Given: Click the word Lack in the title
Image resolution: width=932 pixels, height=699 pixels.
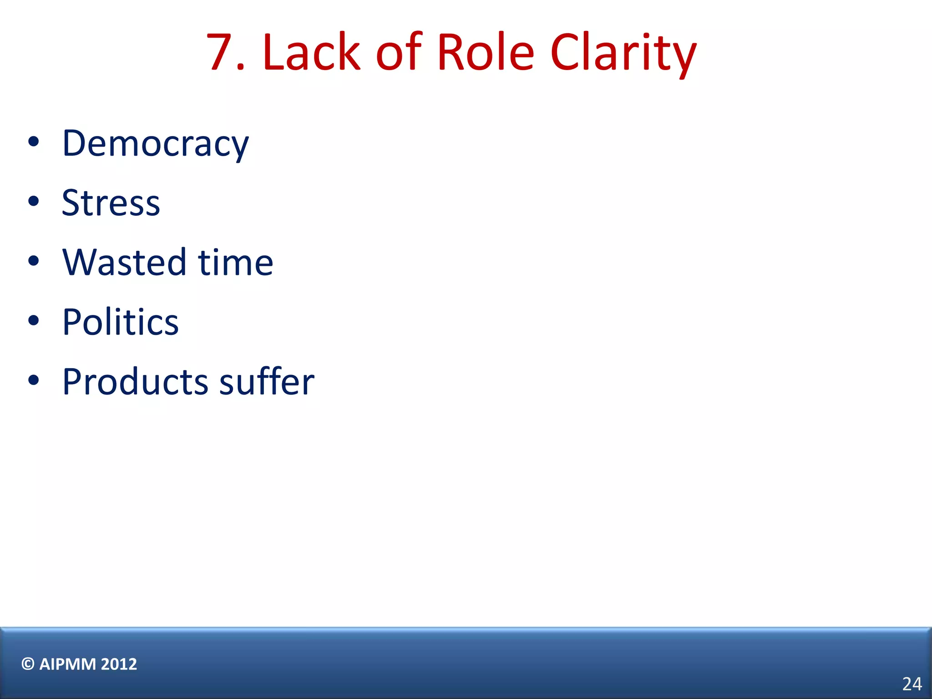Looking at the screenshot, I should tap(312, 52).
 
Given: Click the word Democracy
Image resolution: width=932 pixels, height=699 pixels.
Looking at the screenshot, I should tap(155, 144).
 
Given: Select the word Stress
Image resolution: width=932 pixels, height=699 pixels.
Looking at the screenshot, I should tap(111, 203).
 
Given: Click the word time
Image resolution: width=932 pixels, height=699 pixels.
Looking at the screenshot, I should tap(235, 263).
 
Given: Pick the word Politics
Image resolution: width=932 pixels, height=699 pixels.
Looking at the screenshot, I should tap(121, 322).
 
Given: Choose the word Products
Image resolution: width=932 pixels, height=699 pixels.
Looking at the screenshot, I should tap(135, 382).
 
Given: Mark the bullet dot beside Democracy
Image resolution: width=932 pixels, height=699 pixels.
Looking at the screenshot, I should tap(33, 142).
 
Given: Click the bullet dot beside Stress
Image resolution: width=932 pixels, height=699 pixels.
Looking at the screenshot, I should tap(33, 201).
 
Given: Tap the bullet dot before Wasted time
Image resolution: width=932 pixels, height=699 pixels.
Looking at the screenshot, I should tap(33, 261).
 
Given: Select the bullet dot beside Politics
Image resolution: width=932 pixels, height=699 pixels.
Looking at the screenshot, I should tap(33, 320).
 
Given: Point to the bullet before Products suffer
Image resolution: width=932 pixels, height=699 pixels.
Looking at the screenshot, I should tap(33, 380).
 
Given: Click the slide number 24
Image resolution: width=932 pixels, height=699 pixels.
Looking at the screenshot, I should tap(912, 684).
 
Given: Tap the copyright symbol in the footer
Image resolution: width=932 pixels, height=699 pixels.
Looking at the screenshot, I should tap(28, 664).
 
